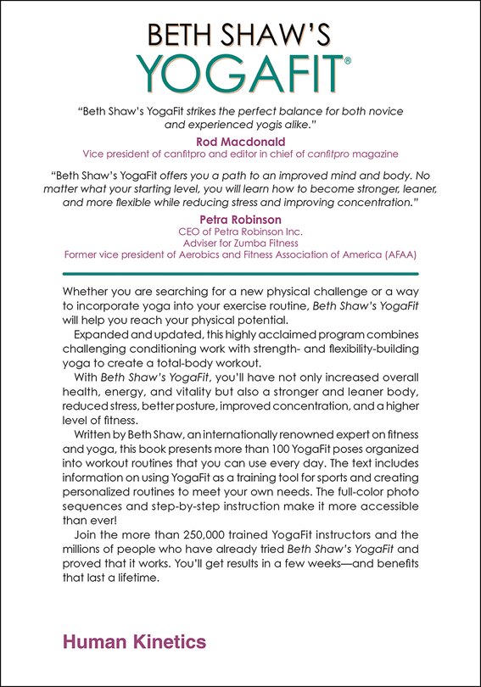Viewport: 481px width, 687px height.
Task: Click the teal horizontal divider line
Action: (240, 274)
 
